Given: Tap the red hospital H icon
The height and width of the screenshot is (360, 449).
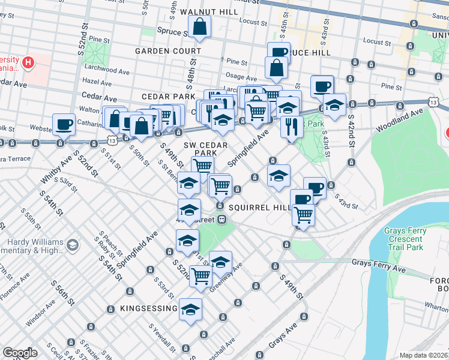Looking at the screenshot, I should tap(28, 62).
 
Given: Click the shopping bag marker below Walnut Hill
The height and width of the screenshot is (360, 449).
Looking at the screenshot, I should tap(199, 27).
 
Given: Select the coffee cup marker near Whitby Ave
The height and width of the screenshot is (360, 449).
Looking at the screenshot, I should tap(64, 125).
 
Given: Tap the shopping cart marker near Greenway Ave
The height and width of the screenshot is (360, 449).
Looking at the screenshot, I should tap(200, 276).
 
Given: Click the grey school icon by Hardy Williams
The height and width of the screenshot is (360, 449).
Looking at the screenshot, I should tap(72, 245).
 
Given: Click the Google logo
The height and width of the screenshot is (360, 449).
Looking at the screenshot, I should tap(20, 353).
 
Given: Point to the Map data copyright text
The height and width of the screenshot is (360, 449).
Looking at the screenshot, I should tap(423, 355).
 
